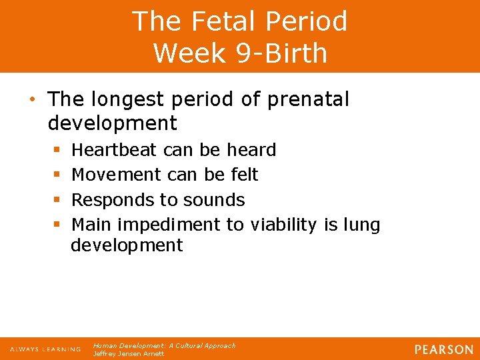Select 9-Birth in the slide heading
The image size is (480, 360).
(281, 53)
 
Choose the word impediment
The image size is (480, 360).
(173, 225)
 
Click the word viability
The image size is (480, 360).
(283, 225)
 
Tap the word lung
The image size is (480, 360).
(361, 225)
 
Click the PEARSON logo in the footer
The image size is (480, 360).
(444, 349)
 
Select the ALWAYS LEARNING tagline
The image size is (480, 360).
(45, 349)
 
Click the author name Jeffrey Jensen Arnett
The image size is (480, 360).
(129, 354)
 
